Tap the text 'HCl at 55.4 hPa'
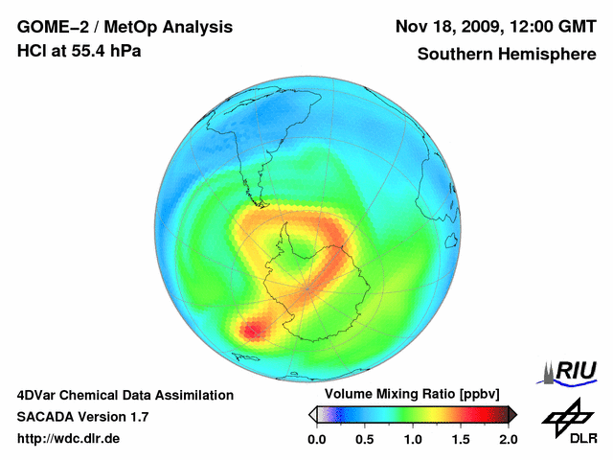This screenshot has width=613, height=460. [79, 50]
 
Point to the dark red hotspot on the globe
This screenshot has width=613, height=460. [251, 331]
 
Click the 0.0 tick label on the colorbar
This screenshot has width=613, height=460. [316, 439]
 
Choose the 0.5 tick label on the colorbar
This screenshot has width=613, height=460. [364, 439]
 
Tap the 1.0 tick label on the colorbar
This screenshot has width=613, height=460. [412, 439]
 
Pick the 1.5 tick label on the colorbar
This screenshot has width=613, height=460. [460, 439]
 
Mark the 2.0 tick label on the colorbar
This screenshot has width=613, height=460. [508, 439]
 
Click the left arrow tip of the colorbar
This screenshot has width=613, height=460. [311, 414]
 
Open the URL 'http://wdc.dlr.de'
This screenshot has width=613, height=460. [69, 439]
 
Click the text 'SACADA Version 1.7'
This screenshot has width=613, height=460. [83, 417]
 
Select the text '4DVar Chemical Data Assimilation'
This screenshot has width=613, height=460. [125, 395]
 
